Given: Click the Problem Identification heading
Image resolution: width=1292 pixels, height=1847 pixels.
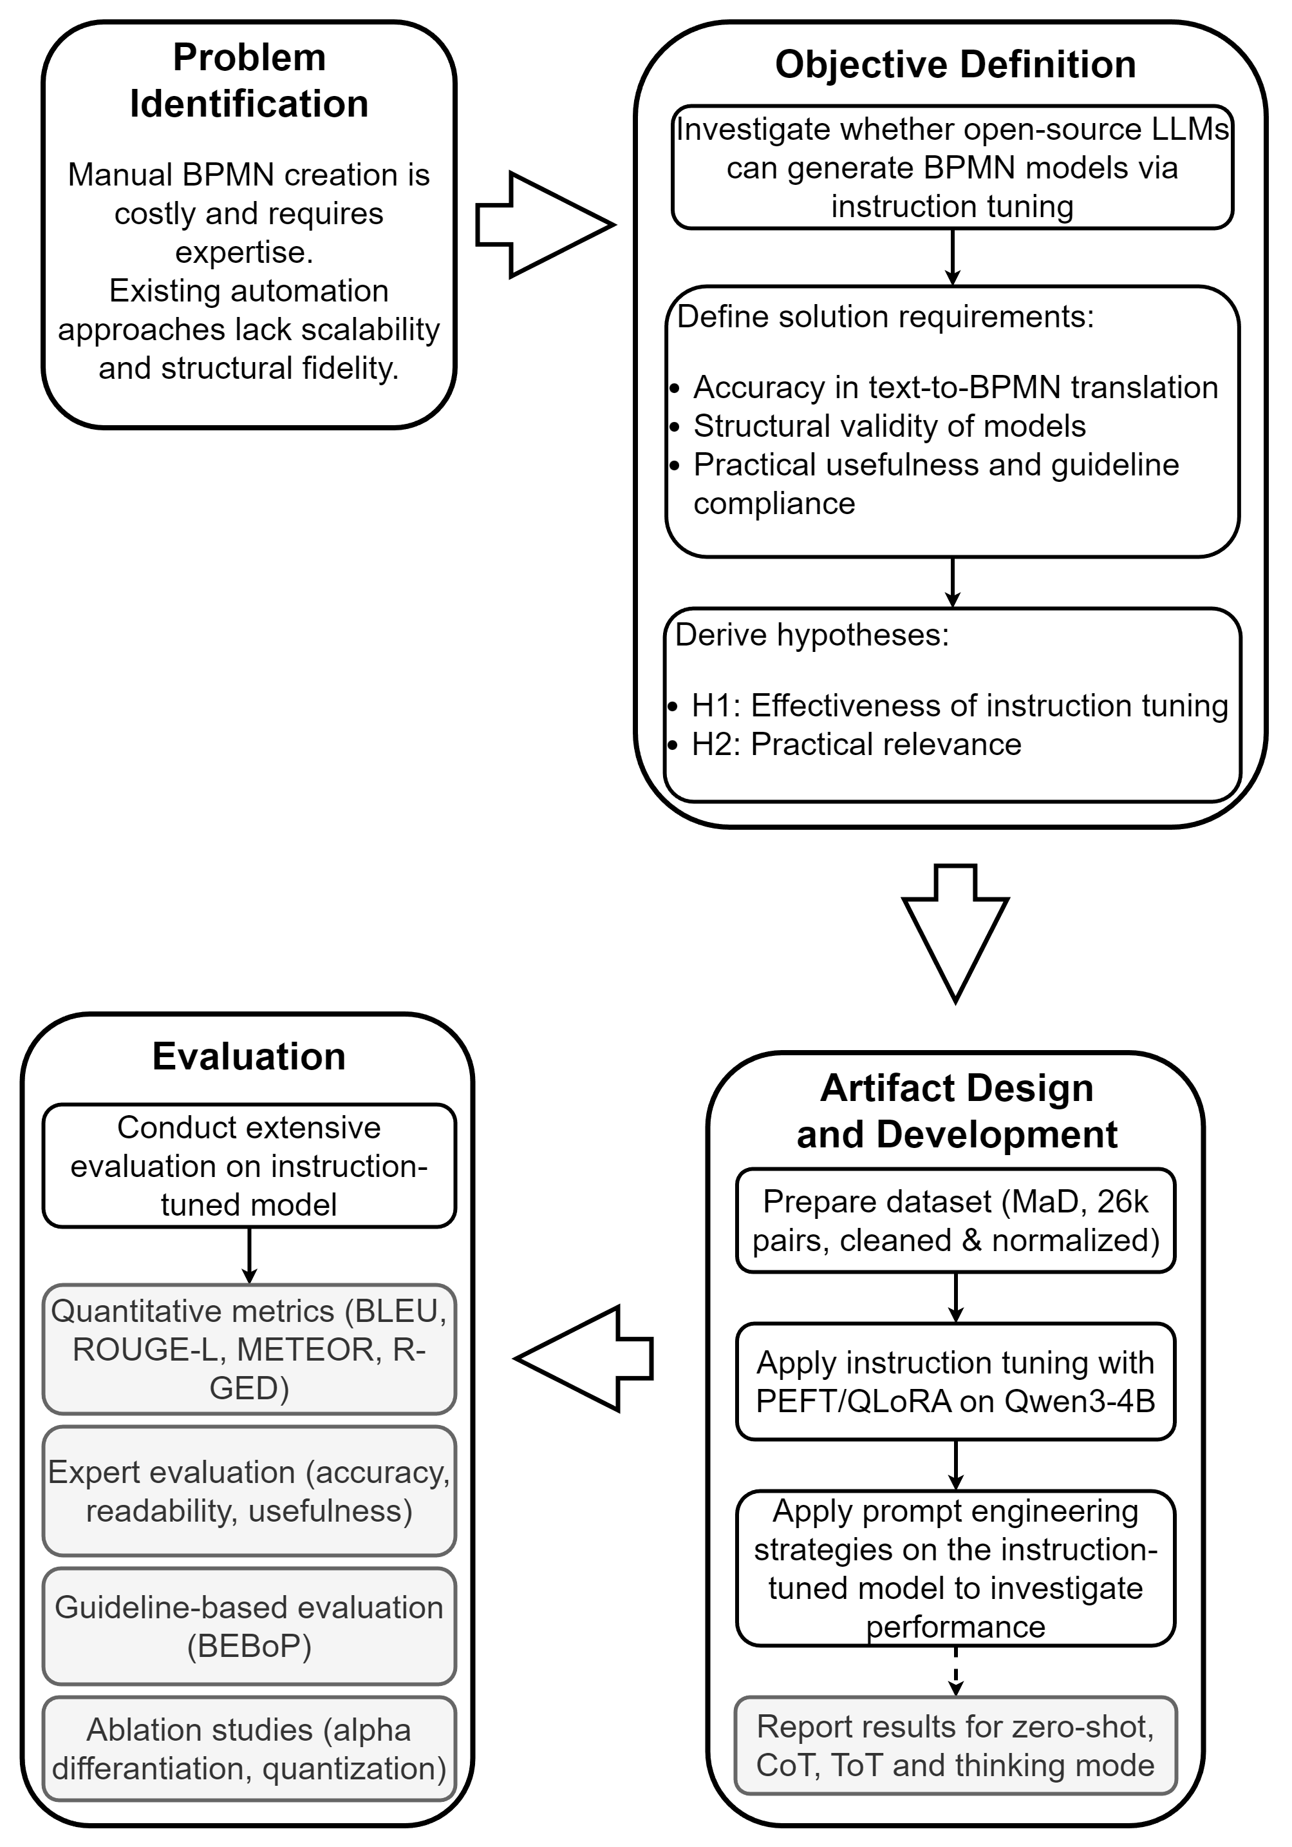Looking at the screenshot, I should coord(249,81).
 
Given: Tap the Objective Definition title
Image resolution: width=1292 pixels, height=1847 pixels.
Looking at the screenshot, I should coord(955,64).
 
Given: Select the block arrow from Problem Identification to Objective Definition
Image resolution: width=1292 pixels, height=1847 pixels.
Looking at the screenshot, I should coord(545,225).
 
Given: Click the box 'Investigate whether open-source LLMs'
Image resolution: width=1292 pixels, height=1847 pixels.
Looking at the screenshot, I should coord(953,167).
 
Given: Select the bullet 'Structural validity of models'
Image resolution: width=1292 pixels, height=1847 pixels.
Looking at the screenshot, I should coord(889,426).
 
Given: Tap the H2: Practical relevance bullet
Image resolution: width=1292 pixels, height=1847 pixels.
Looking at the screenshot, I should coord(856,745).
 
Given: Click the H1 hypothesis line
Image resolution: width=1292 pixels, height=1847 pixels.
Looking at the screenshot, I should coord(959,706).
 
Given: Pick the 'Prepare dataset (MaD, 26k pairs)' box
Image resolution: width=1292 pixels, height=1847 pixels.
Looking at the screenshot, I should coord(956,1220).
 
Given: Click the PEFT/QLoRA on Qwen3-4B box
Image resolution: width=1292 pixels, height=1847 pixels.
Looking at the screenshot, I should coord(956,1381).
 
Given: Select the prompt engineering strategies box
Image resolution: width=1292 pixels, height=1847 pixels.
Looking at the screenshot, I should coord(956,1568).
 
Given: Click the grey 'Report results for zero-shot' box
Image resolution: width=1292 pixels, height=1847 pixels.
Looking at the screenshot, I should coord(956,1746).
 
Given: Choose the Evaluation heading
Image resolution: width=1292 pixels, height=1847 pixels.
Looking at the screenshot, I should coord(249,1057).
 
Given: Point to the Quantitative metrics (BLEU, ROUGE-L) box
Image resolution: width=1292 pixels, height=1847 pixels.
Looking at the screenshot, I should coord(249,1349).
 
